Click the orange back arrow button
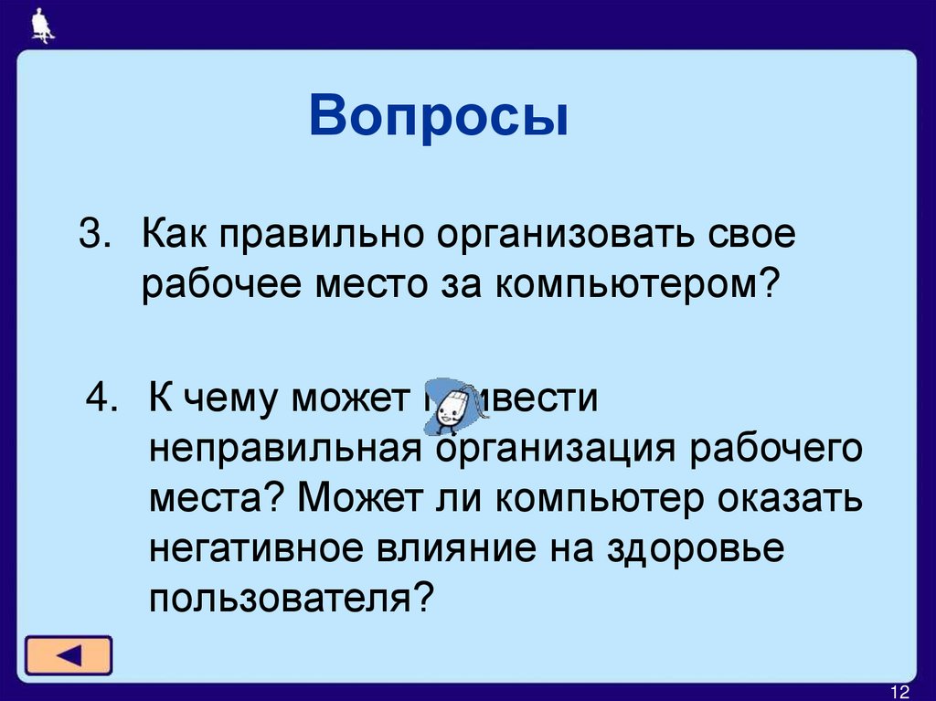coord(69,655)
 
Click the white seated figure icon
coord(41,25)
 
